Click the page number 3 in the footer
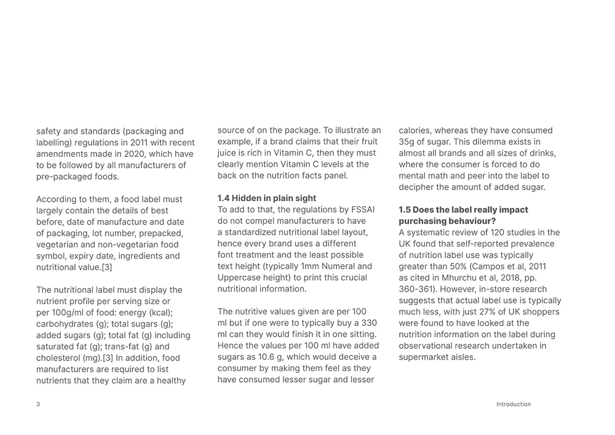(38, 404)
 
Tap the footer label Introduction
(514, 404)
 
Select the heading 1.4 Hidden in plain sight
(267, 198)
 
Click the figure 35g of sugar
(408, 142)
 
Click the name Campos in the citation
(482, 266)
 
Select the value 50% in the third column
(458, 266)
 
